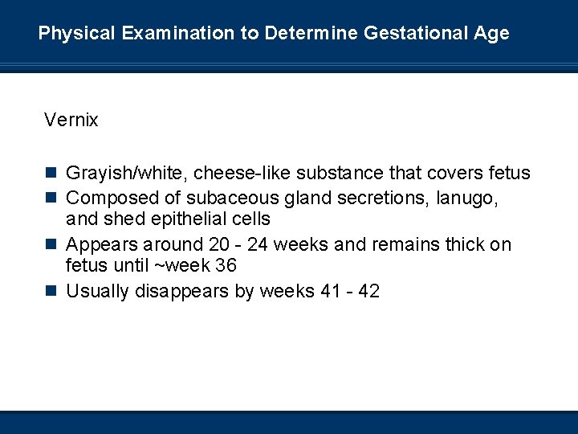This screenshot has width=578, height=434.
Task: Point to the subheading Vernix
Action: pos(71,121)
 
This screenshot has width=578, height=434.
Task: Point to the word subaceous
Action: pos(226,197)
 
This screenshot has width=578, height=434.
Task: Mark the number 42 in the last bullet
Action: pos(368,290)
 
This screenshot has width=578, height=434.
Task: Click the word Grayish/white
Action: pos(127,173)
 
